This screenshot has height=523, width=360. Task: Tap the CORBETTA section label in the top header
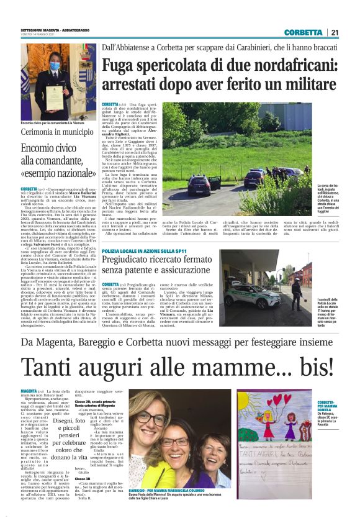[x=304, y=32]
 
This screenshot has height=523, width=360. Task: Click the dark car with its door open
[x=205, y=184]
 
